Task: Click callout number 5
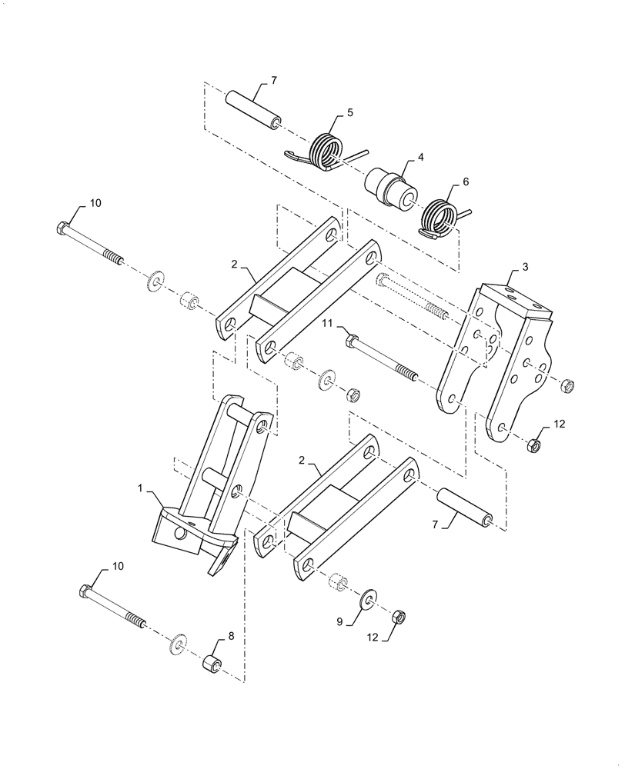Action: [x=350, y=112]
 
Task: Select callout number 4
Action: [x=421, y=157]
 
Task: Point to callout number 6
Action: [x=466, y=182]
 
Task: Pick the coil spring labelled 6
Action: [x=440, y=218]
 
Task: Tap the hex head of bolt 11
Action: [x=351, y=339]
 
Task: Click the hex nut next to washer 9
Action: [x=399, y=617]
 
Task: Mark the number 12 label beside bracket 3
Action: [x=560, y=424]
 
